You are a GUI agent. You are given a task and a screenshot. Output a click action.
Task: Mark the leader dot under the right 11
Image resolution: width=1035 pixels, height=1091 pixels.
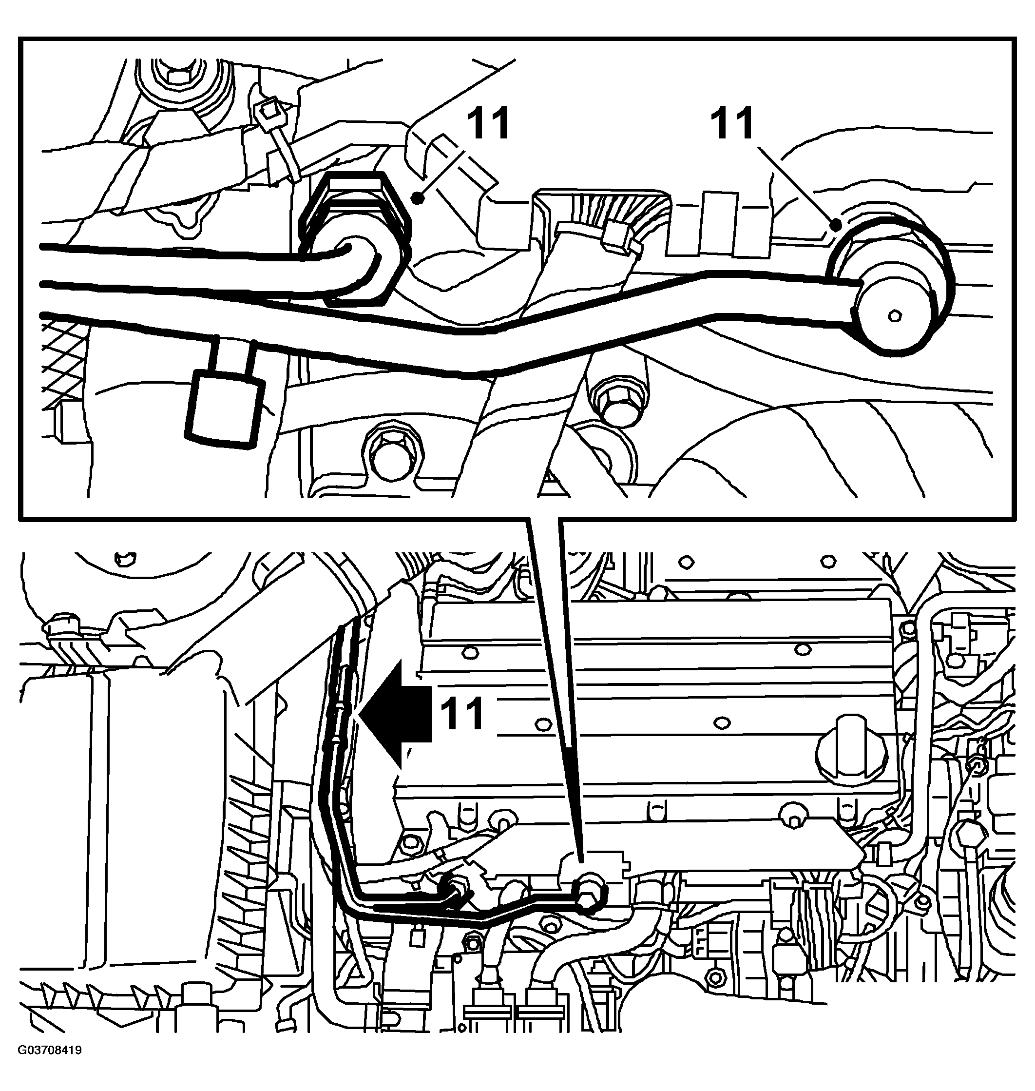(836, 225)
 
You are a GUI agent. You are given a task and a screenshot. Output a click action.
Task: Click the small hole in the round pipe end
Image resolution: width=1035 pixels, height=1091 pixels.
(894, 316)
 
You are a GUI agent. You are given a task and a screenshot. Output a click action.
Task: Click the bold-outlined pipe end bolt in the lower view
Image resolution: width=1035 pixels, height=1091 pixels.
(590, 892)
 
